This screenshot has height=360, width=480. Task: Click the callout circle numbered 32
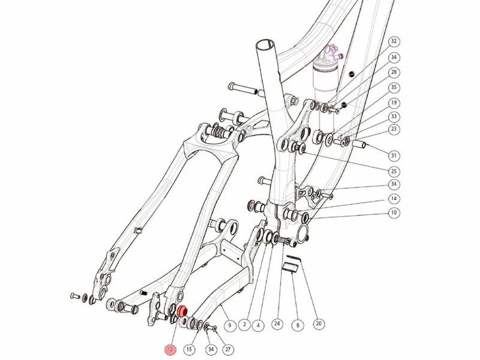394,41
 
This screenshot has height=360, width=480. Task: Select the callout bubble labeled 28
394,72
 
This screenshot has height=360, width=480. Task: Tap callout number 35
394,88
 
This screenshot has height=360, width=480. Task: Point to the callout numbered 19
394,103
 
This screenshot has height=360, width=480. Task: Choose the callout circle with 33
394,116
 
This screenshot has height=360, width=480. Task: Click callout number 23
394,129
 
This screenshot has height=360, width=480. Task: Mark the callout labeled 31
394,155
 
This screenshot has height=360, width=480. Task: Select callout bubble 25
394,171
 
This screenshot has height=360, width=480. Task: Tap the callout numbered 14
394,199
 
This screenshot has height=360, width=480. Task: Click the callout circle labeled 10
394,212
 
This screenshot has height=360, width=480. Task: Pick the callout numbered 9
230,325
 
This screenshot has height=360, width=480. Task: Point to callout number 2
244,325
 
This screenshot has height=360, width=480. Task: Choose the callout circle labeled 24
277,324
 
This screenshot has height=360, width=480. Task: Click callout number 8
298,325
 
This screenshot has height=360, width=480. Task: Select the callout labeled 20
319,323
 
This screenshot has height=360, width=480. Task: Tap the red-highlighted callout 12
170,349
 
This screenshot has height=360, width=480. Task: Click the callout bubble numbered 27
228,349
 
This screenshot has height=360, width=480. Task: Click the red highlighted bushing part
182,311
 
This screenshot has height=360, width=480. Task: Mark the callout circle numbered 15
190,349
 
